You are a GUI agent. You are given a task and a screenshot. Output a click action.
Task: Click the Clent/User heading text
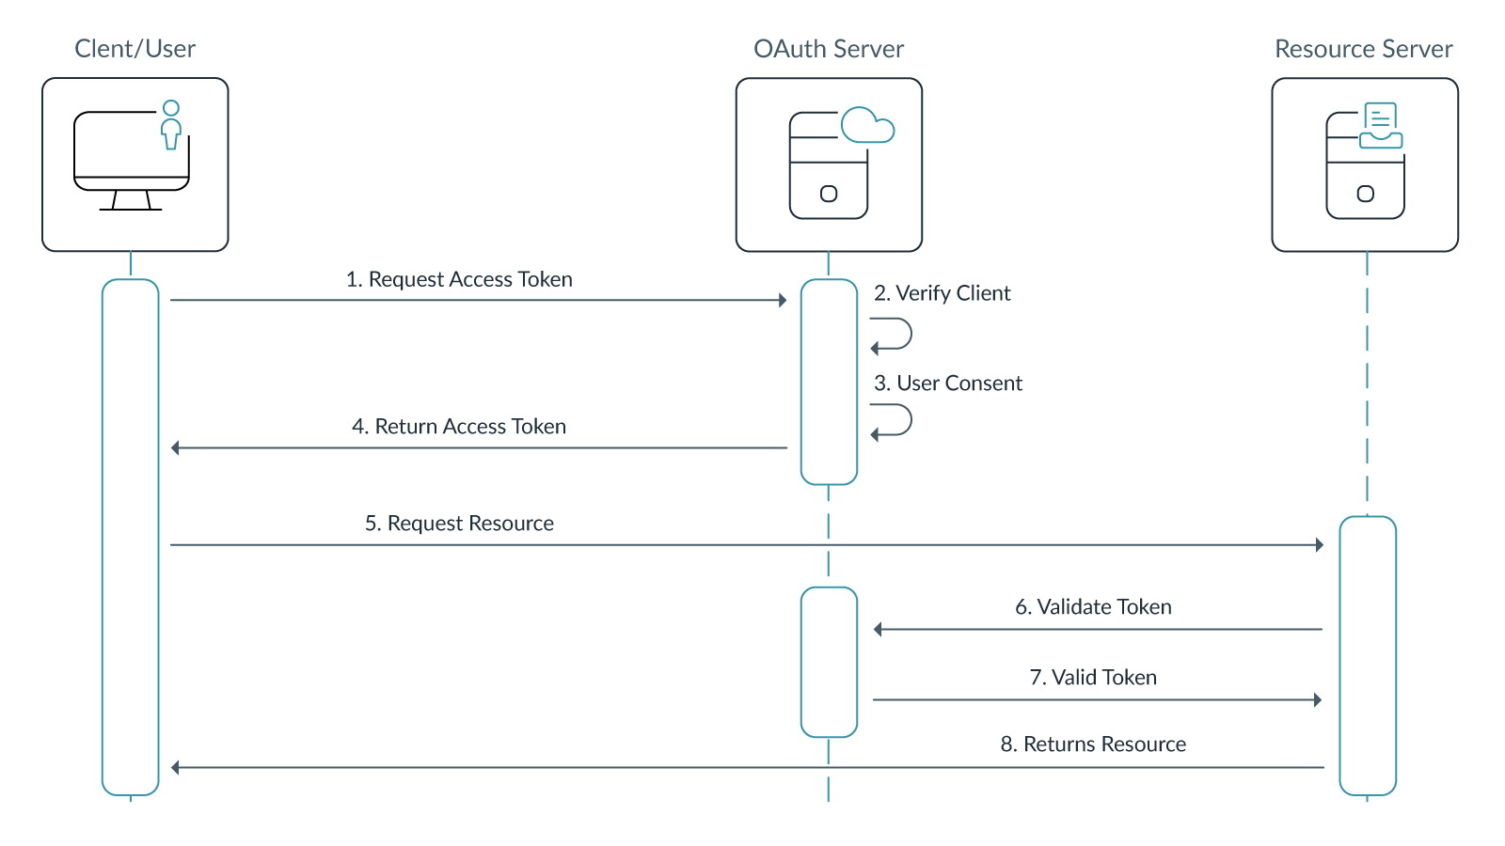pyautogui.click(x=135, y=49)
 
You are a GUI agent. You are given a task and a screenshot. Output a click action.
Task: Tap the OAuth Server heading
pyautogui.click(x=828, y=49)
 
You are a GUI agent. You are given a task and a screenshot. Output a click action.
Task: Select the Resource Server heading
pyautogui.click(x=1363, y=49)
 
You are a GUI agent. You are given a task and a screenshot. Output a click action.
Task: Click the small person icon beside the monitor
pyautogui.click(x=170, y=125)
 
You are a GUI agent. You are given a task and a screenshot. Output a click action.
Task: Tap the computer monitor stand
pyautogui.click(x=131, y=200)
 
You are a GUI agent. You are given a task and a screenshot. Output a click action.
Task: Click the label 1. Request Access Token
pyautogui.click(x=459, y=279)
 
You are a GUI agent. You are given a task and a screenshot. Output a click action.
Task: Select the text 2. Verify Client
pyautogui.click(x=942, y=293)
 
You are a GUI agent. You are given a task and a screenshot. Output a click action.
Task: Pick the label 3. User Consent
pyautogui.click(x=947, y=384)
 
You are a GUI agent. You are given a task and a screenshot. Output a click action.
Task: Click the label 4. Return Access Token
pyautogui.click(x=459, y=427)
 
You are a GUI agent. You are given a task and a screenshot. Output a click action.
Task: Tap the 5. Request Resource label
pyautogui.click(x=459, y=524)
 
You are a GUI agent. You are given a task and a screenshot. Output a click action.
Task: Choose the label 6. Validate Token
pyautogui.click(x=1093, y=607)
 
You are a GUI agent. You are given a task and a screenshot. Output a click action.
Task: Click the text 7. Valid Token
pyautogui.click(x=1093, y=678)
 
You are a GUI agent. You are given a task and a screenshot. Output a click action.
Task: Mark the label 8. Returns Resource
pyautogui.click(x=1093, y=744)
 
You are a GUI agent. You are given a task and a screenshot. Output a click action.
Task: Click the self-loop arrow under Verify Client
pyautogui.click(x=894, y=334)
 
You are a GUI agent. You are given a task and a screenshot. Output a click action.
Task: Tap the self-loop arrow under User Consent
pyautogui.click(x=894, y=420)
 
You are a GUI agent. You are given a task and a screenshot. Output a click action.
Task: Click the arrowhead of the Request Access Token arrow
pyautogui.click(x=783, y=301)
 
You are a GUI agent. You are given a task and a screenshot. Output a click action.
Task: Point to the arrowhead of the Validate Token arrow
pyautogui.click(x=878, y=630)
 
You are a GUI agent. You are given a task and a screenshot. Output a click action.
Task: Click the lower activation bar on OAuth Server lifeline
pyautogui.click(x=829, y=662)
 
